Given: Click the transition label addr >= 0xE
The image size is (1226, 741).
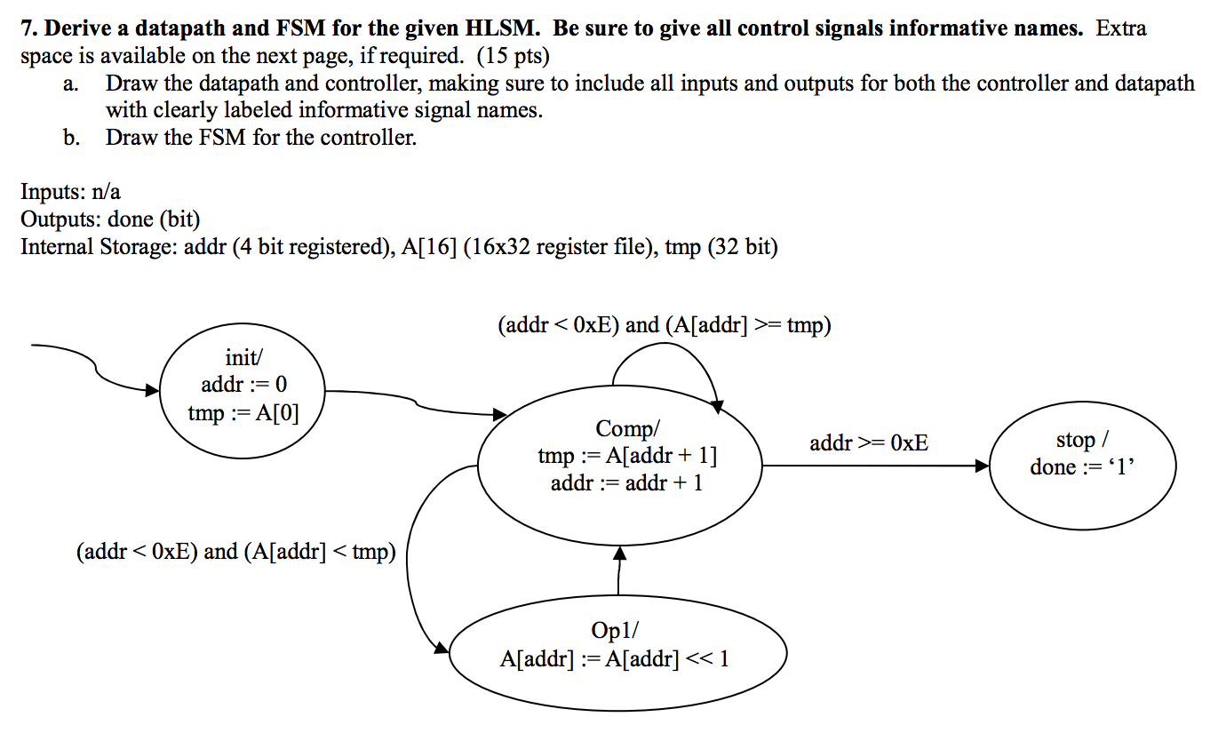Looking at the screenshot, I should (x=869, y=442).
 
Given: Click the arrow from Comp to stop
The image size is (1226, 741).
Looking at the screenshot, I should (x=875, y=466).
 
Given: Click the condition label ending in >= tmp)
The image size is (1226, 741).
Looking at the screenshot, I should (x=665, y=325).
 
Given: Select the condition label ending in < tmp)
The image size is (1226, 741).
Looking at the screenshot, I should (x=235, y=552).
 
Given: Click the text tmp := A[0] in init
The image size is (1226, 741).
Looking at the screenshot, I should (x=243, y=412).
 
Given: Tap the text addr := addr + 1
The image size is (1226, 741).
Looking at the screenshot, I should (x=626, y=483).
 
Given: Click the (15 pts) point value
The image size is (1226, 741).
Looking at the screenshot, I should (x=513, y=57).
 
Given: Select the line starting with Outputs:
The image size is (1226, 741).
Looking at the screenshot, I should (x=110, y=219).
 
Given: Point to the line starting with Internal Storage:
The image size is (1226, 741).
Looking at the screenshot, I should (x=399, y=246).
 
